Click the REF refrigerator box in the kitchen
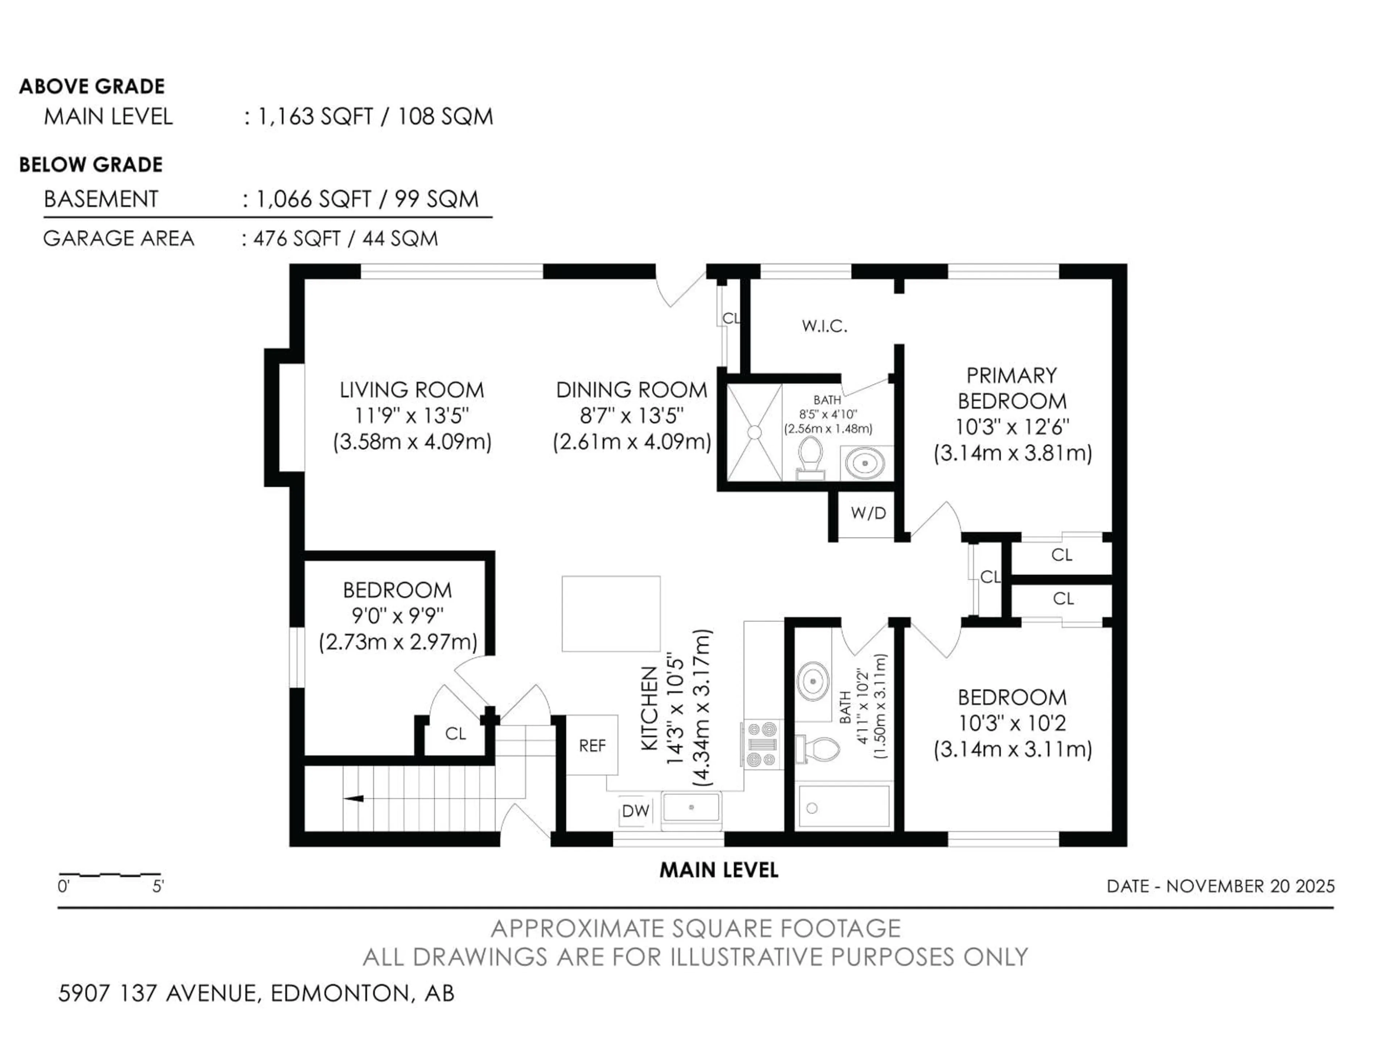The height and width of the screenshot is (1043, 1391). (x=592, y=746)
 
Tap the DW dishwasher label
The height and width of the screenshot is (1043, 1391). (x=635, y=811)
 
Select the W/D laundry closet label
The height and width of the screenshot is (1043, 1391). (x=868, y=513)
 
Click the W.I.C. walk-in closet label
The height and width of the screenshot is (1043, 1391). (x=824, y=326)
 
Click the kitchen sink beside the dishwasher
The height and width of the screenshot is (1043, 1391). (x=691, y=807)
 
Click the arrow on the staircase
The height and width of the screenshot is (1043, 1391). (x=354, y=799)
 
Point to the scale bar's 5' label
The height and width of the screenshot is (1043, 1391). (x=158, y=887)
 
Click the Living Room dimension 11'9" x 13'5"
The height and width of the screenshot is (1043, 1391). (x=412, y=415)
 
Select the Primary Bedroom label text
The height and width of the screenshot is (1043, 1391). (x=1012, y=388)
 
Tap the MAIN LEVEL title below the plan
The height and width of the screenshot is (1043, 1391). (x=719, y=870)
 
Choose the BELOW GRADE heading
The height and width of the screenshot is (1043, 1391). (x=91, y=165)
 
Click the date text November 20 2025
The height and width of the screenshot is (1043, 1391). (x=1250, y=887)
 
